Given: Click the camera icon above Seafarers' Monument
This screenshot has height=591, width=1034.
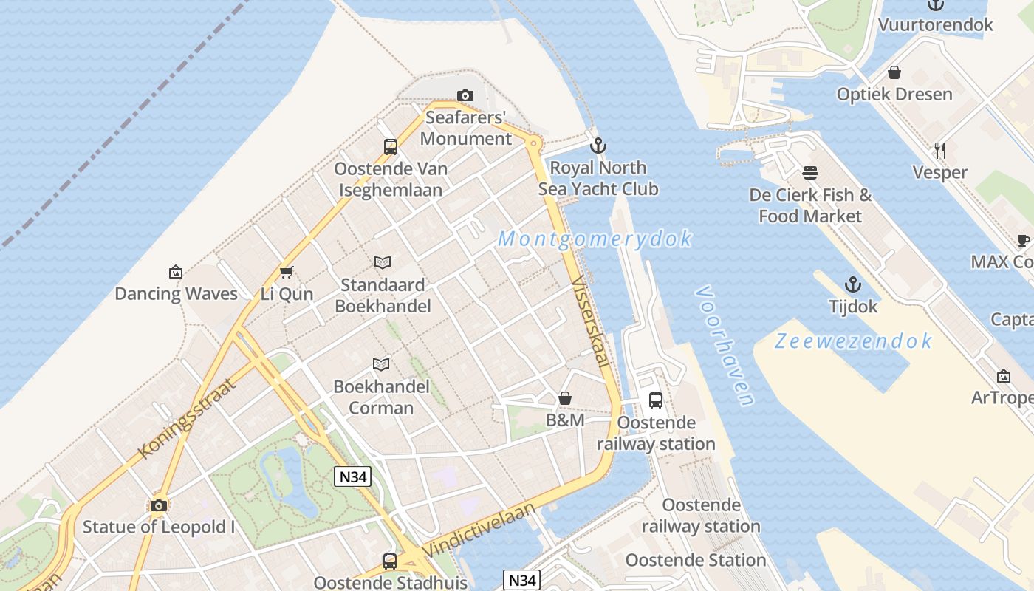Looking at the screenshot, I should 465,95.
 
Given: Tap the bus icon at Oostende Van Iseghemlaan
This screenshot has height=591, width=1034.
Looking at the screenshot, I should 391,147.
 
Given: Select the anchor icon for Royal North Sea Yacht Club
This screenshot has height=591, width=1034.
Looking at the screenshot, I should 598,146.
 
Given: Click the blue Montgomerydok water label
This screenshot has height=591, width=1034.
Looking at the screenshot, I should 595,239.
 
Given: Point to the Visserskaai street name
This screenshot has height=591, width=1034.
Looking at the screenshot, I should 592,322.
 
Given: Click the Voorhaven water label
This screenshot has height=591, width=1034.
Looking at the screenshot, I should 725,345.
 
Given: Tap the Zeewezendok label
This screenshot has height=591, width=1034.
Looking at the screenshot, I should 853,341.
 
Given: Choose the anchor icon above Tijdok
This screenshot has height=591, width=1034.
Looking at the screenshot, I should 853,284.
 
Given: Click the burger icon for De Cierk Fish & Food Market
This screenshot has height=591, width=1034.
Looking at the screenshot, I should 810,173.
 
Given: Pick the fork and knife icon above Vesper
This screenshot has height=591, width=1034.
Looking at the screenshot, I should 940,151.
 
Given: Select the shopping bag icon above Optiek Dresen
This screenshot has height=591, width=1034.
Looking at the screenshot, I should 894,72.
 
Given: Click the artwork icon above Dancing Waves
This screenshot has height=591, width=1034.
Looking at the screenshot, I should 176,272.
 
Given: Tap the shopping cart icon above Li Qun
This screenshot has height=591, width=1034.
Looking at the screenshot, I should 287,272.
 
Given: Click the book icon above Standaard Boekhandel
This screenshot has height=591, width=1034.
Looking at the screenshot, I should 383,262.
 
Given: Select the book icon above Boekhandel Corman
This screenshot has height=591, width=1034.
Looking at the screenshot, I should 381,364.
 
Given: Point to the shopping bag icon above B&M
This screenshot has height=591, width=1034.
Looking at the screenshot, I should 565,398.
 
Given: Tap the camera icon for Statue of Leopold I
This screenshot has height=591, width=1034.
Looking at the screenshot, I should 158,505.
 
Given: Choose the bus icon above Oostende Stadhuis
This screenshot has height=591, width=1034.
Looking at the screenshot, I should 390,561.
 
